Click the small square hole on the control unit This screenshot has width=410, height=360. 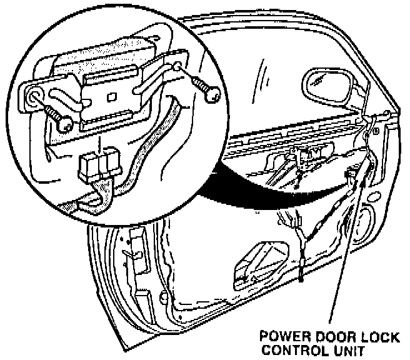[x=111, y=97]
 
